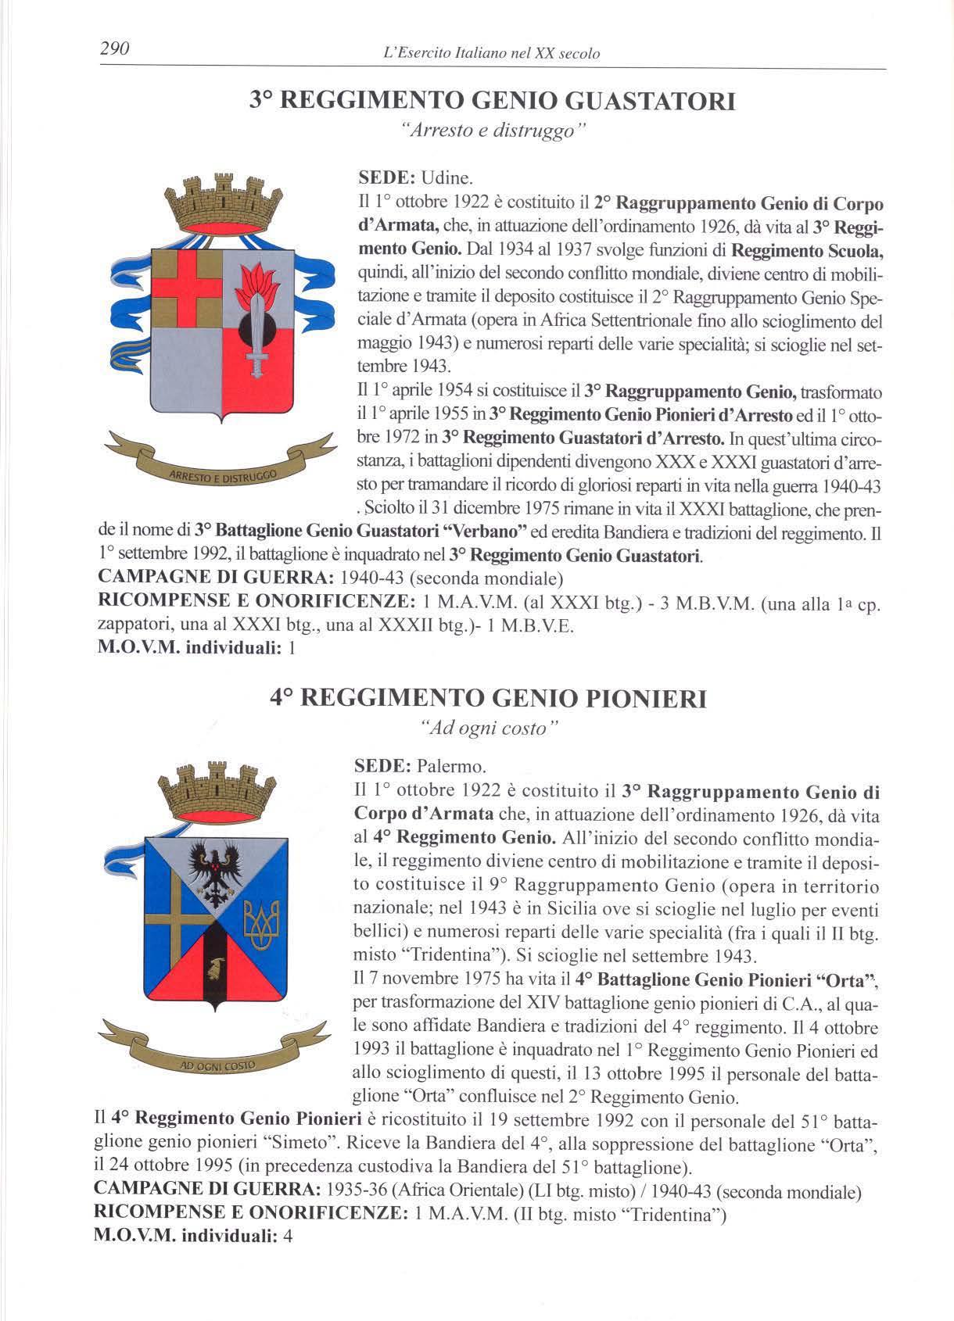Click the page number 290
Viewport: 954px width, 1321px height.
[114, 49]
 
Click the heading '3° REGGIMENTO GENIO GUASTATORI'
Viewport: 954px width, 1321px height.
[492, 102]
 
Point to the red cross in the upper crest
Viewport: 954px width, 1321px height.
[187, 290]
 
